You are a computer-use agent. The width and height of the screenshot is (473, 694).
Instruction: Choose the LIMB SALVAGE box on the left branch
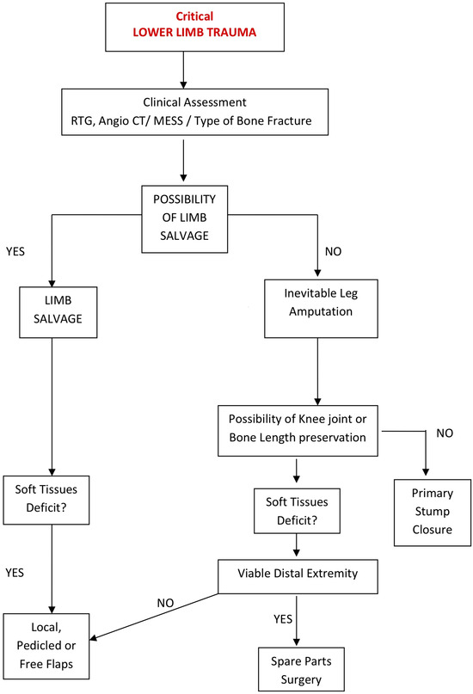(53, 310)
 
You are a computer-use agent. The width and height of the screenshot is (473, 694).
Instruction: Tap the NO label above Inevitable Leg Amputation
(334, 255)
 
